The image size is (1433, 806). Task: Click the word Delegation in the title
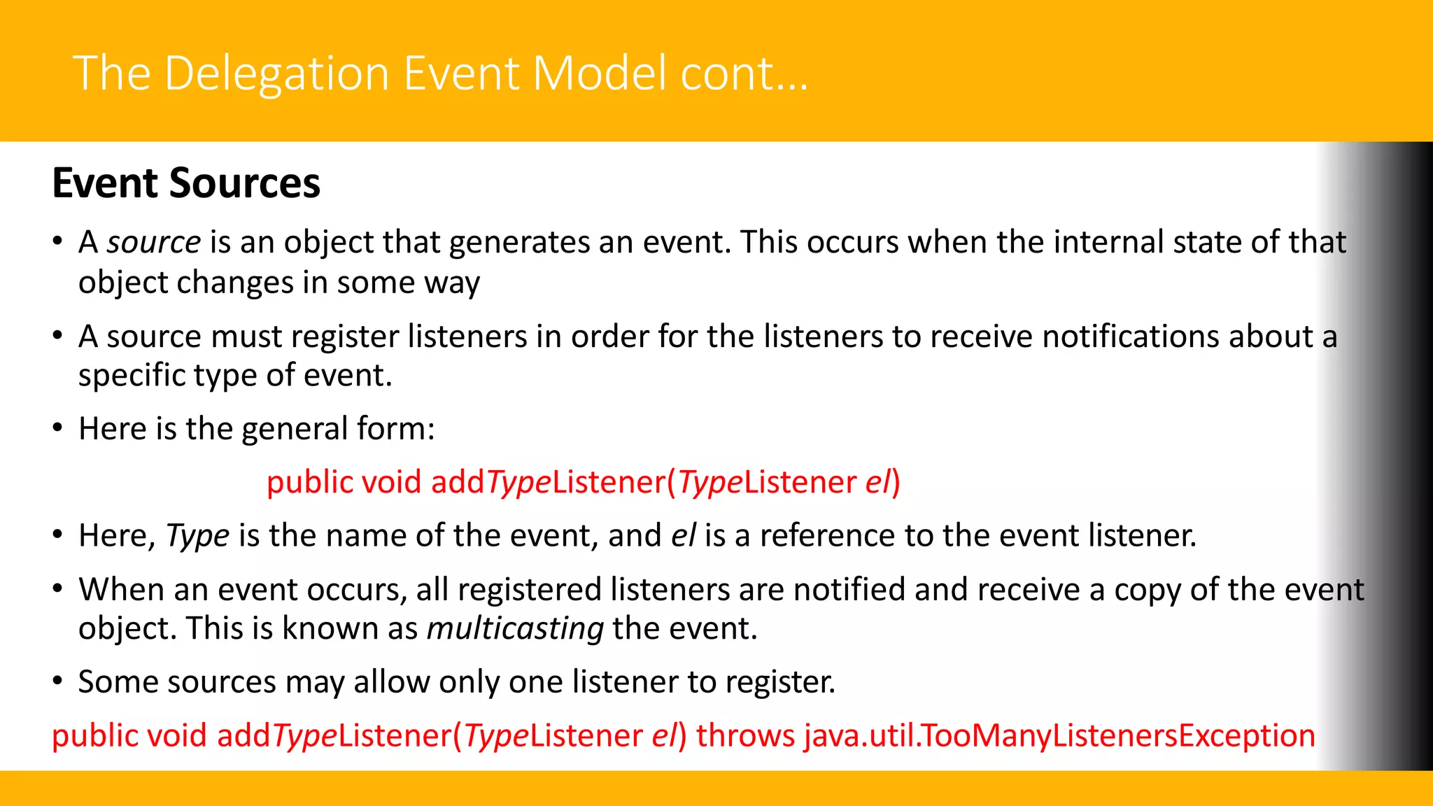point(276,73)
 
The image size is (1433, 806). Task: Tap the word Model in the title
point(600,73)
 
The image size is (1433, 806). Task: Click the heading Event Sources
point(186,183)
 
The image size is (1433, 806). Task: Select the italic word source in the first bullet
point(153,242)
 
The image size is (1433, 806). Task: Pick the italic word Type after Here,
point(197,536)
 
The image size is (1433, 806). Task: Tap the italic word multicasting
point(515,628)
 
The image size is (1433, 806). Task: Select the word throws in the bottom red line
point(745,736)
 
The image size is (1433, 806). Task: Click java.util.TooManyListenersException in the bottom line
point(1059,736)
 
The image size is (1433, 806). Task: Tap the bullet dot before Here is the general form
point(58,427)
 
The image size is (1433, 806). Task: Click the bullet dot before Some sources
point(58,681)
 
